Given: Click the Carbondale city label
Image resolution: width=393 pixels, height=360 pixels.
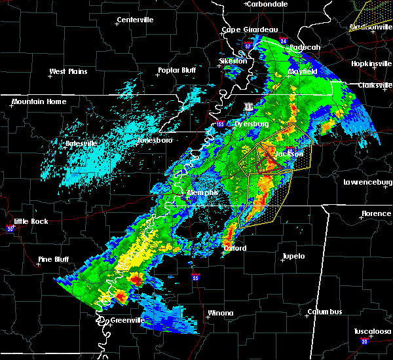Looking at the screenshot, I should click(x=269, y=4).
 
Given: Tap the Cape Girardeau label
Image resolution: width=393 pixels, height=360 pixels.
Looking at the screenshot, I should click(x=250, y=29).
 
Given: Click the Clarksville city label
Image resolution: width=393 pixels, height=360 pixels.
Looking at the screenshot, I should click(x=374, y=85).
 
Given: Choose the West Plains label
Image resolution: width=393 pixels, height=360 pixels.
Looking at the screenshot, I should click(x=69, y=71).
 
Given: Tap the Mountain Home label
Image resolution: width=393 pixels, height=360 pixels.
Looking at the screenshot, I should click(x=39, y=101).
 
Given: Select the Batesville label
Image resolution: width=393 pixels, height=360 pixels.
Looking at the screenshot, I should click(x=81, y=143).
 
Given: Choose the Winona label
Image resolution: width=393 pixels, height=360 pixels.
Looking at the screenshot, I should click(x=220, y=313).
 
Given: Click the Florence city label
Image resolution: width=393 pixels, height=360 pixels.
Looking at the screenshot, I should click(x=377, y=214).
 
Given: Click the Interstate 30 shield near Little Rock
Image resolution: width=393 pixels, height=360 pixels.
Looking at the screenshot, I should click(x=10, y=228).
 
